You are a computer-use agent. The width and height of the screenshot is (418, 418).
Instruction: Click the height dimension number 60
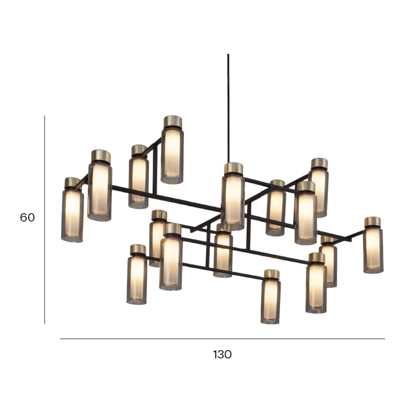point(27,217)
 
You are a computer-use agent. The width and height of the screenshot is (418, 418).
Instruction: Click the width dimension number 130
point(222,355)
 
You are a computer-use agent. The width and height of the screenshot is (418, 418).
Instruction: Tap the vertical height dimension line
point(44,219)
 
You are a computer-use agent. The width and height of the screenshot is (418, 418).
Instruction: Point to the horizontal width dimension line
point(223,339)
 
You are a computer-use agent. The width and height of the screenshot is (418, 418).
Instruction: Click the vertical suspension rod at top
point(228,108)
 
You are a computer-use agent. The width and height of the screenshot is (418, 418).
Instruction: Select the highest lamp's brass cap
point(173,121)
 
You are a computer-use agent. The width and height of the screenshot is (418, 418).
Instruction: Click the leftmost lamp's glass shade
point(72,215)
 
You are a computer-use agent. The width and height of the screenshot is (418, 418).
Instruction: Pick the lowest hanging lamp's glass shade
point(270,301)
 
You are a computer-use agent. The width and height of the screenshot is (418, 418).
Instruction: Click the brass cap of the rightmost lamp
point(373,221)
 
